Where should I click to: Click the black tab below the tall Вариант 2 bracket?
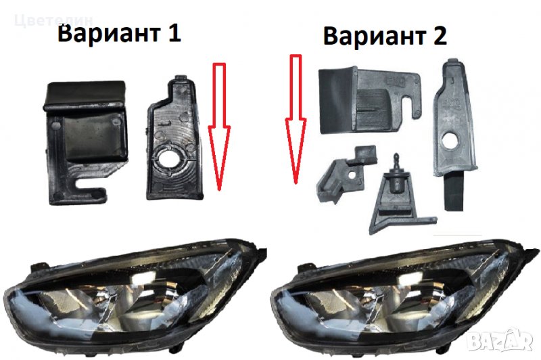(453, 194)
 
